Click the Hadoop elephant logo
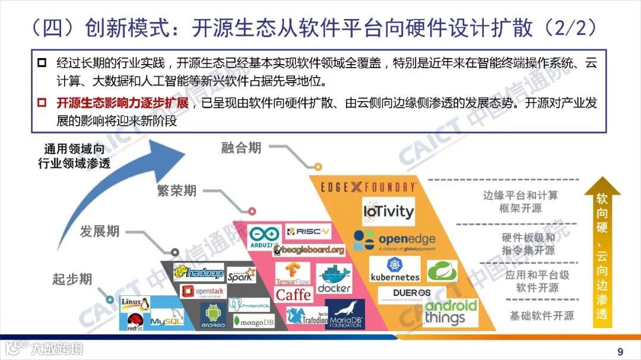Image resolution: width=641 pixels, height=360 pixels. coord(199,273)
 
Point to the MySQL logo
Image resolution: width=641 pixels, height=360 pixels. coord(166,321)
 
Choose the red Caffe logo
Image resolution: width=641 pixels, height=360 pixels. coord(293,294)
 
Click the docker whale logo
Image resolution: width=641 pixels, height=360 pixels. coord(334,278)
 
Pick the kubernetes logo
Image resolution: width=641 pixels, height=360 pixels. coord(395,269)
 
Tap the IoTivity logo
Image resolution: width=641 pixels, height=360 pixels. coord(388,211)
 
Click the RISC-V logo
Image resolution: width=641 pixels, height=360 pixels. coord(308,231)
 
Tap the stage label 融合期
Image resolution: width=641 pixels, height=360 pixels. coord(241,148)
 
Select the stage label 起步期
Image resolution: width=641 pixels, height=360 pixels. coord(72,279)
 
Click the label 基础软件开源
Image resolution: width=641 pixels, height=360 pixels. coord(541,316)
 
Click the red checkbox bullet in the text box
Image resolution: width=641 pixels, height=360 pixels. coord(42,103)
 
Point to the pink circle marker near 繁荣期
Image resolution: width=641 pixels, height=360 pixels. coord(252,211)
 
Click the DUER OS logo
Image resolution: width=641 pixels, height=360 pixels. coord(412,293)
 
